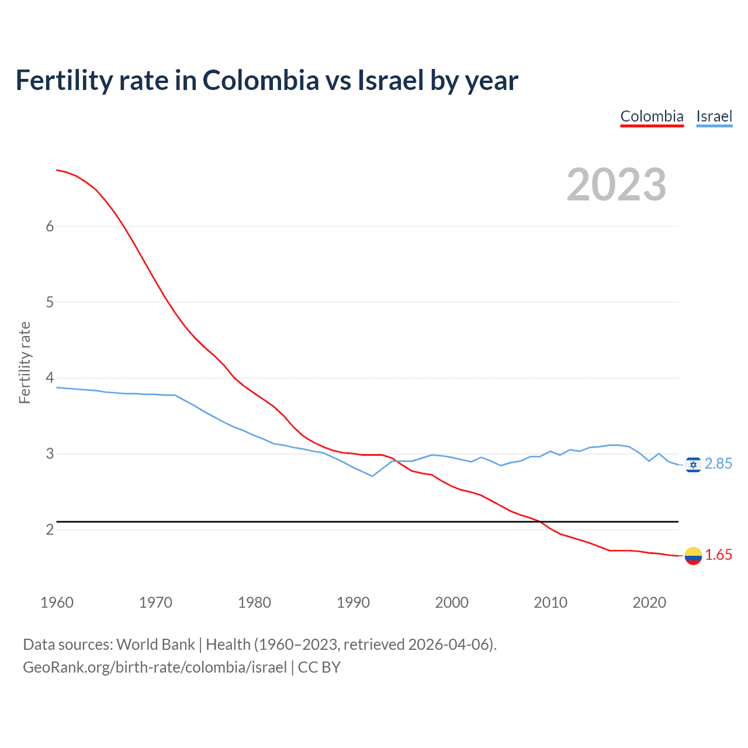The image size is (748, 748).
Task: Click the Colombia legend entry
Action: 652,116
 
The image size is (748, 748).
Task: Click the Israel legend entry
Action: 714,116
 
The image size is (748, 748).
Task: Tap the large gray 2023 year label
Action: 617,185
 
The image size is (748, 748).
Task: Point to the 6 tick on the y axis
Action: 50,227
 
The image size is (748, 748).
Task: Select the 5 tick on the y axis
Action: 50,303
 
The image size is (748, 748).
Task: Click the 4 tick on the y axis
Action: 50,378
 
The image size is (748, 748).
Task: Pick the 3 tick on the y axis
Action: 50,454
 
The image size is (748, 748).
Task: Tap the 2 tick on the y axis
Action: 50,530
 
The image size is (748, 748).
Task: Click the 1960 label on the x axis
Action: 57,602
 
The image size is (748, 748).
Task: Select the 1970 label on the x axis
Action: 155,602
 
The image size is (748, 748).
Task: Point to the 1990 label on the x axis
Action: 353,602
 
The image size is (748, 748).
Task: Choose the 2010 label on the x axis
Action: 550,602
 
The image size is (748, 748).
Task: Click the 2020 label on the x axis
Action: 649,602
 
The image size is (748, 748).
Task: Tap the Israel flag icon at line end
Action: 693,465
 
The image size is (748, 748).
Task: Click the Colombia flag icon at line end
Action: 693,556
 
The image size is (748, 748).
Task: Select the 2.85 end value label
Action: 718,464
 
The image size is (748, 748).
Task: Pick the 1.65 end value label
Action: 718,555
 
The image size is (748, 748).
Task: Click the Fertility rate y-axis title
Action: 25,362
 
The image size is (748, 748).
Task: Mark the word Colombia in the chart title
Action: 261,80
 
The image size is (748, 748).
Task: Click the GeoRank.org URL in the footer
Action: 155,667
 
